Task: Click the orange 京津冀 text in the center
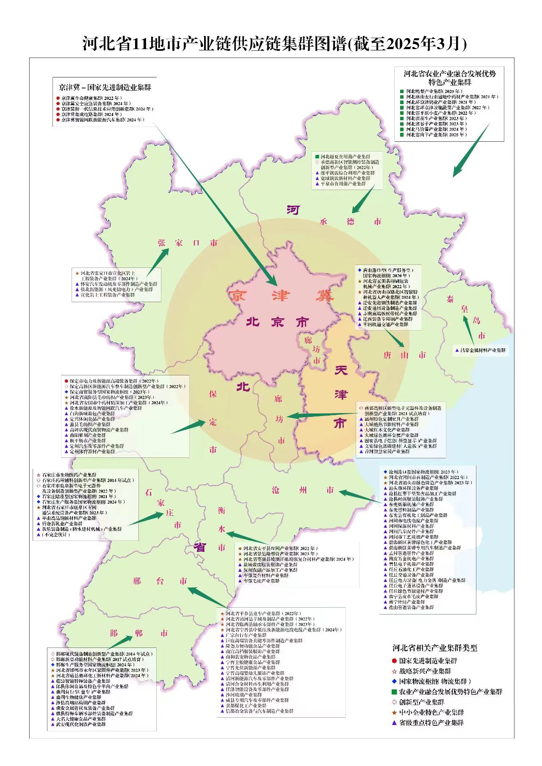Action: click(x=281, y=296)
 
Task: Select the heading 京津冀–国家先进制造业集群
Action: click(x=105, y=88)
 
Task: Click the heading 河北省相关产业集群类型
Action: click(x=435, y=648)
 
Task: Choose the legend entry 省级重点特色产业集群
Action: click(x=431, y=723)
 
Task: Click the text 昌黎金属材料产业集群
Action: click(x=482, y=350)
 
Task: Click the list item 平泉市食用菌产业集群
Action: click(x=343, y=184)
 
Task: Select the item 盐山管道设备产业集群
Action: click(x=411, y=607)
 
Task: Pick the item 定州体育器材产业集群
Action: click(x=92, y=452)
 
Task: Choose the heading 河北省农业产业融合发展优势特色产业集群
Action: click(x=449, y=77)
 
